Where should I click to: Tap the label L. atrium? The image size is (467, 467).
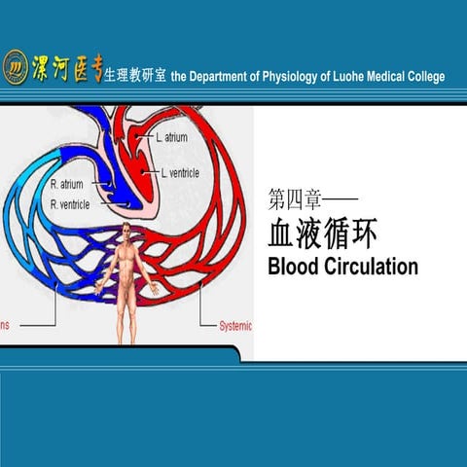click(171, 138)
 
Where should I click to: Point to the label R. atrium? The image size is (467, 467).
click(67, 184)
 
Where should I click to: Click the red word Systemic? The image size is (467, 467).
click(231, 326)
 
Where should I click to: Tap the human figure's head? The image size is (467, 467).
click(126, 231)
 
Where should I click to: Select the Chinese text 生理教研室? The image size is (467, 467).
click(135, 76)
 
